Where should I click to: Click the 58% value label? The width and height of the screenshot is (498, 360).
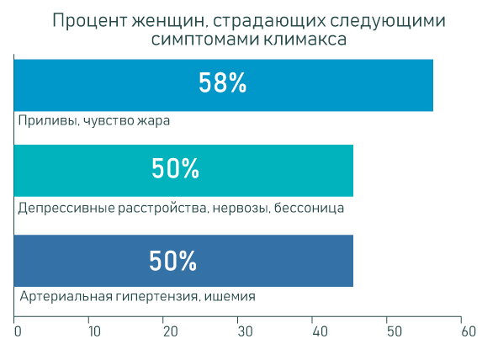pyautogui.click(x=222, y=82)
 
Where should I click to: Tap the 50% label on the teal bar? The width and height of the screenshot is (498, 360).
pyautogui.click(x=175, y=168)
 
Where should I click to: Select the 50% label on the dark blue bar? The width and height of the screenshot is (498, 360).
pyautogui.click(x=172, y=260)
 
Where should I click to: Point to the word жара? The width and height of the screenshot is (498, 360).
pyautogui.click(x=154, y=121)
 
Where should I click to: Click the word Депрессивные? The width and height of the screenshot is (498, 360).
pyautogui.click(x=66, y=209)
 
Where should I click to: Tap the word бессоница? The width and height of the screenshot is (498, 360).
pyautogui.click(x=309, y=209)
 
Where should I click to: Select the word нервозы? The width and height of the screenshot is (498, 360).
pyautogui.click(x=241, y=209)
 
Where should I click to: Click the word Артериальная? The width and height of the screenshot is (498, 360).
pyautogui.click(x=66, y=296)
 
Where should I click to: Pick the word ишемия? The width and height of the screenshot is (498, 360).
pyautogui.click(x=230, y=297)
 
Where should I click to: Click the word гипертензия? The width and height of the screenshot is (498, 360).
pyautogui.click(x=158, y=297)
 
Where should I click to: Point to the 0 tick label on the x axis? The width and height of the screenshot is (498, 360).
pyautogui.click(x=18, y=331)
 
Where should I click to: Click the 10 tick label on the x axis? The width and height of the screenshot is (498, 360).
pyautogui.click(x=94, y=331)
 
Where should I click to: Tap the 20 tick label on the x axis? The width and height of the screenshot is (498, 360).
pyautogui.click(x=171, y=331)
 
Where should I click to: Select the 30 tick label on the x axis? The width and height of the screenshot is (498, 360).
pyautogui.click(x=245, y=331)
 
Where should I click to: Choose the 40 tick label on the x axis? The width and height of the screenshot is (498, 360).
pyautogui.click(x=320, y=331)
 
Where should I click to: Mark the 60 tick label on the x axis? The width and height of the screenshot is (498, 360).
pyautogui.click(x=469, y=331)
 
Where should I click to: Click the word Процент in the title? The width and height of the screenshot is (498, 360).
pyautogui.click(x=89, y=21)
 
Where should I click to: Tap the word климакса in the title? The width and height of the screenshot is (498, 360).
pyautogui.click(x=305, y=40)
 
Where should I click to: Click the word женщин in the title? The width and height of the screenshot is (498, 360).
pyautogui.click(x=168, y=21)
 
